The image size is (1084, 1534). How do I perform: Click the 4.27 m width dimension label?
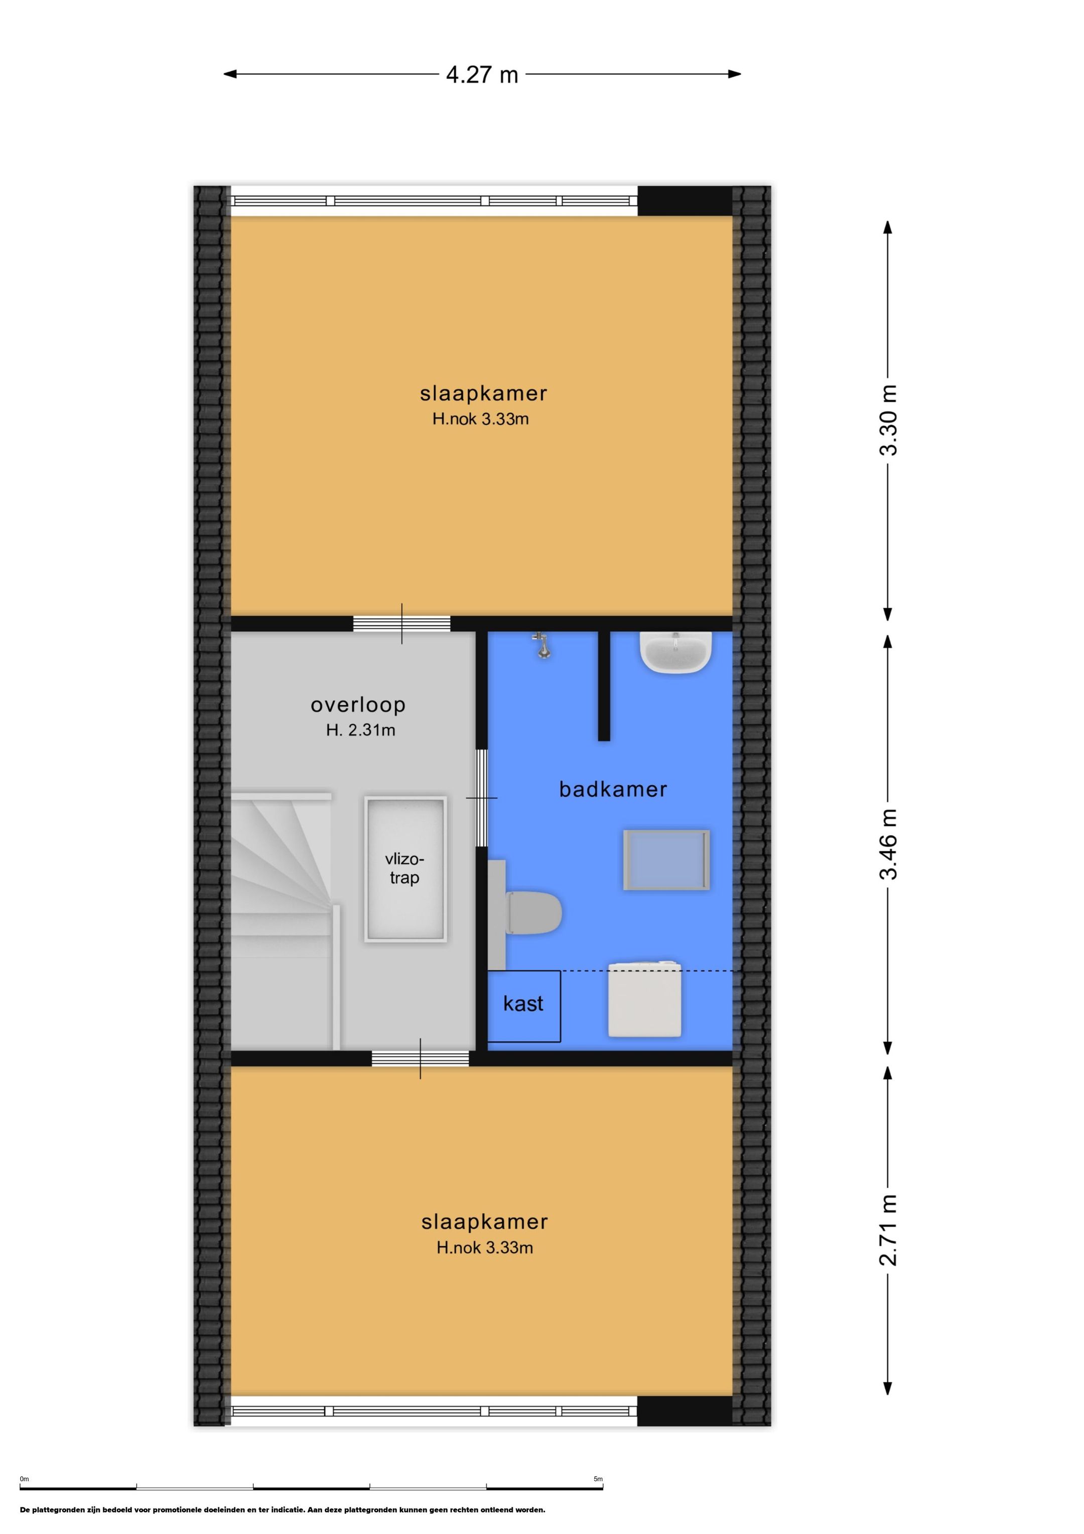(482, 74)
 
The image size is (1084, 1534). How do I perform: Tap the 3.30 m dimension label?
(888, 420)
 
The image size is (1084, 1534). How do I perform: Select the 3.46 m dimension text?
(888, 844)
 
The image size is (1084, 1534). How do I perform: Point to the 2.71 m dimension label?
(888, 1230)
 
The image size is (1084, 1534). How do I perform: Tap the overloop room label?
(358, 705)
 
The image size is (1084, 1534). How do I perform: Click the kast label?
(523, 1004)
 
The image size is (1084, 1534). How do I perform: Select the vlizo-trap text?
(405, 869)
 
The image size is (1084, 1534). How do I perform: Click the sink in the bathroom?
(675, 652)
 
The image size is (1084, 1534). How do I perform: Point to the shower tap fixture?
(543, 645)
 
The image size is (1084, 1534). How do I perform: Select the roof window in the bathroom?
(666, 859)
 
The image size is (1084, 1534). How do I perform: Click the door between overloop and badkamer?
(482, 798)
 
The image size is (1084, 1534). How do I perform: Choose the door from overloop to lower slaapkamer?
(420, 1058)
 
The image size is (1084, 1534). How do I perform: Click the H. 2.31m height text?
(361, 730)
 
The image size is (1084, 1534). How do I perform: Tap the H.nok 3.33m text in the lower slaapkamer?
(485, 1247)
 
